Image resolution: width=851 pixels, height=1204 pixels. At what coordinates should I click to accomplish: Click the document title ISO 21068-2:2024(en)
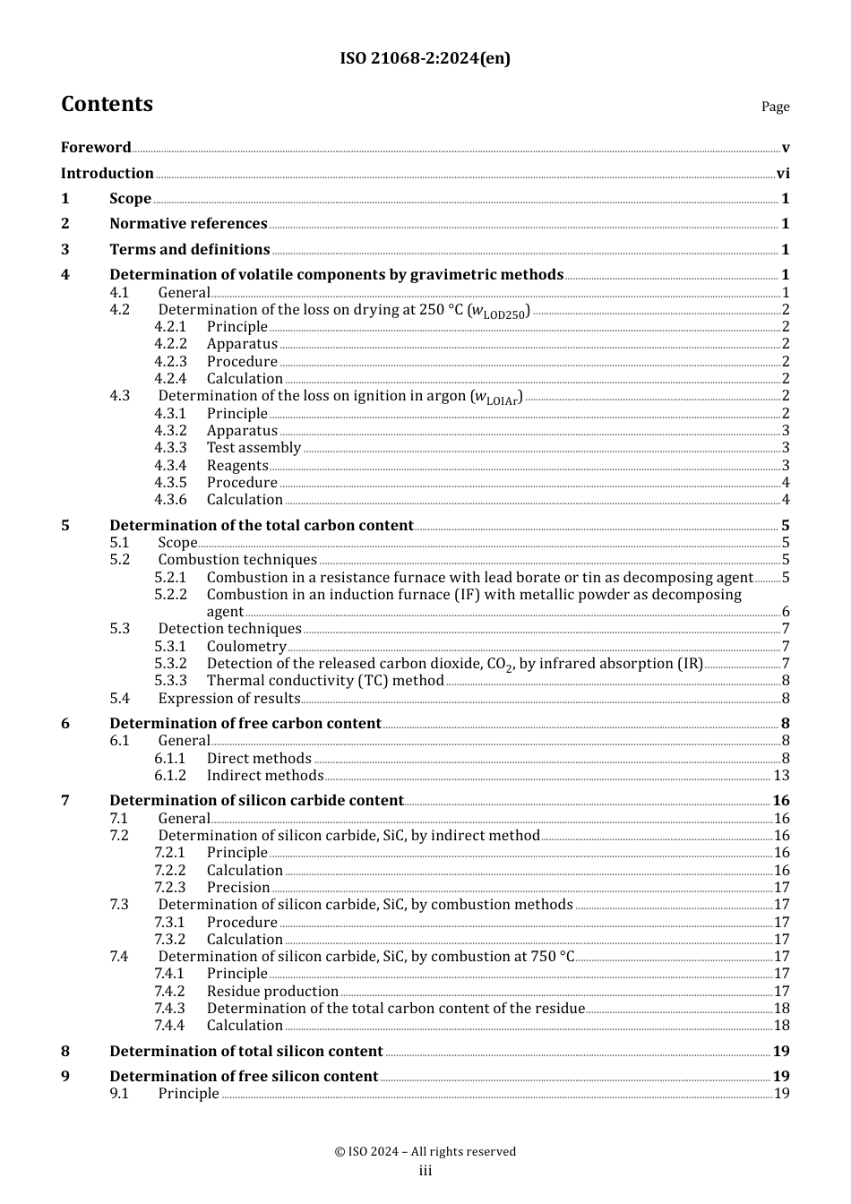[425, 58]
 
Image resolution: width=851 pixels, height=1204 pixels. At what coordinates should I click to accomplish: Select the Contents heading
[107, 104]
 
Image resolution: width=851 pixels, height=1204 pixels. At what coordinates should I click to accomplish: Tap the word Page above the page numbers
[775, 107]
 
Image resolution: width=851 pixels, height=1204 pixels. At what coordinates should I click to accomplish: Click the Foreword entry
[96, 148]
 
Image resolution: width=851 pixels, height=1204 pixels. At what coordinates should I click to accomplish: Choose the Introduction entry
[107, 174]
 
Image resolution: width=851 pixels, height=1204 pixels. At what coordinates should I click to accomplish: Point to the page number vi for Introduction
[783, 174]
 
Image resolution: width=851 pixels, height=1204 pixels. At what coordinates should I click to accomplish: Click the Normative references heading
[188, 224]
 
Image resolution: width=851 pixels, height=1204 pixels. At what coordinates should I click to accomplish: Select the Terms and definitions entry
[190, 250]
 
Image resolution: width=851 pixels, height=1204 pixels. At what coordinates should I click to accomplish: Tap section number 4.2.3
[170, 362]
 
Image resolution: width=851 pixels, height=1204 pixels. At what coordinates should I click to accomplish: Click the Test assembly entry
[254, 448]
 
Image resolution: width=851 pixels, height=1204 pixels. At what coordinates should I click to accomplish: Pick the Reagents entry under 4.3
[237, 466]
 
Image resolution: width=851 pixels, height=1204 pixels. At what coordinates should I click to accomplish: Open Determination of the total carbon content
[262, 526]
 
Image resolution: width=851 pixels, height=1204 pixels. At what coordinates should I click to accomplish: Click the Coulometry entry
[246, 647]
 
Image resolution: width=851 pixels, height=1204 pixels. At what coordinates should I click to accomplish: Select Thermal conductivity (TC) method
[325, 681]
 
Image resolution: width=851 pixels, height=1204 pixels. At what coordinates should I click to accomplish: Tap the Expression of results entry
[229, 699]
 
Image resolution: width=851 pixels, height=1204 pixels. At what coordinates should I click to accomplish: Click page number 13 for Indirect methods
[781, 776]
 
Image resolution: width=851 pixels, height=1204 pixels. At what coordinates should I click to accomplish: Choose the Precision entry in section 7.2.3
[238, 888]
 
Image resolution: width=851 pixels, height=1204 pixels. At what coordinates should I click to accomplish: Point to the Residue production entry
[272, 992]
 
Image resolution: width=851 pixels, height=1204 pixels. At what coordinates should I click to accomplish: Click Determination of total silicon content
[246, 1052]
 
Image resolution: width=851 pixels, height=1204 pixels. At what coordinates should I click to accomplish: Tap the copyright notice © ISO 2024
[425, 1152]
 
